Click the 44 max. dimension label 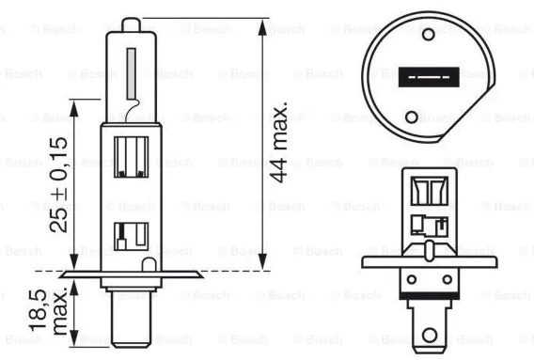pyautogui.click(x=279, y=141)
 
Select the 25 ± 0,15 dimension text pyautogui.click(x=58, y=185)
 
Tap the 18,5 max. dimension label pyautogui.click(x=48, y=311)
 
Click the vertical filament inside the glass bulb pyautogui.click(x=131, y=73)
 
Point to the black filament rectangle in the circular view pyautogui.click(x=429, y=77)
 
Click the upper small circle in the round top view pyautogui.click(x=428, y=34)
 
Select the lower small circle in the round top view pyautogui.click(x=412, y=117)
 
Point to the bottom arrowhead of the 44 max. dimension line pyautogui.click(x=262, y=261)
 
